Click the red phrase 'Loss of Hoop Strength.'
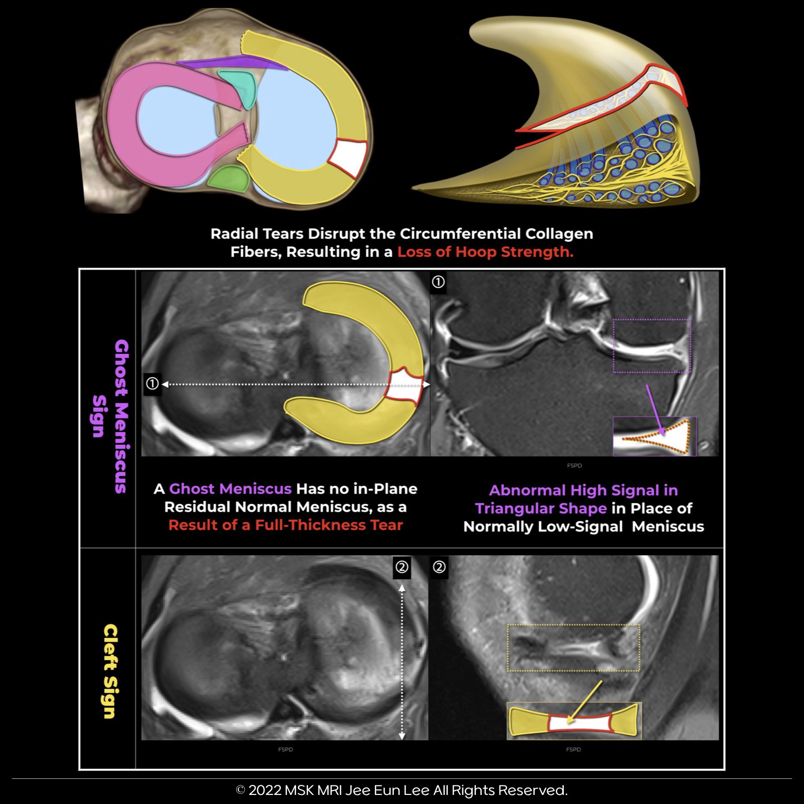click(x=485, y=252)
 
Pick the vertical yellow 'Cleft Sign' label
click(x=110, y=671)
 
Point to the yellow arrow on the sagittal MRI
click(x=585, y=701)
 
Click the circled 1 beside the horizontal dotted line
click(x=152, y=384)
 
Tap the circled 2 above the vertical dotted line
click(x=401, y=567)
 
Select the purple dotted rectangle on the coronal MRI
click(x=652, y=345)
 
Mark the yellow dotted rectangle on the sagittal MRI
click(x=573, y=648)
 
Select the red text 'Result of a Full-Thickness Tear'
click(x=285, y=525)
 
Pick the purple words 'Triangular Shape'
click(x=541, y=509)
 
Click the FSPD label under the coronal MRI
click(x=574, y=465)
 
